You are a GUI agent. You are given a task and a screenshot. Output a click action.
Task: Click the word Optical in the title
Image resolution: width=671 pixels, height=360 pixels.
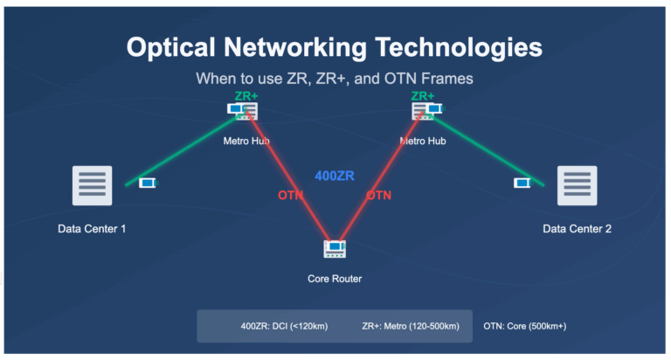pyautogui.click(x=170, y=47)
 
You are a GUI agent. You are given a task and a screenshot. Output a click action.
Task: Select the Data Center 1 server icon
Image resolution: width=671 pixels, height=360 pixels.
pyautogui.click(x=92, y=186)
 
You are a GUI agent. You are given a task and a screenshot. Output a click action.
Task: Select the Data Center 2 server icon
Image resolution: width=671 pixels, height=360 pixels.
pyautogui.click(x=578, y=186)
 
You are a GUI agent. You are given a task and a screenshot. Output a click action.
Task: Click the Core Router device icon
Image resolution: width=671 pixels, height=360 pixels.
pyautogui.click(x=335, y=249)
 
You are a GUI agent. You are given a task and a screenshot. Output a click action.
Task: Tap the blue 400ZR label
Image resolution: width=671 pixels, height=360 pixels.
pyautogui.click(x=335, y=176)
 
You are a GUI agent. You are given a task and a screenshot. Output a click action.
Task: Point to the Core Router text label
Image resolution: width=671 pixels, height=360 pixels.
pyautogui.click(x=335, y=279)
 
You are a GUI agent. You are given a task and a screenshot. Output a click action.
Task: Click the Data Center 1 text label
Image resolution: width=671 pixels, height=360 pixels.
pyautogui.click(x=92, y=229)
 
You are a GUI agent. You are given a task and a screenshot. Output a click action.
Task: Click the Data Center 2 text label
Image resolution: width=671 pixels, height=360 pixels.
pyautogui.click(x=578, y=229)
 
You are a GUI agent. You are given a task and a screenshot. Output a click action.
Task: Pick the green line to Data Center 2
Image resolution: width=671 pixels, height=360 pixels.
pyautogui.click(x=488, y=149)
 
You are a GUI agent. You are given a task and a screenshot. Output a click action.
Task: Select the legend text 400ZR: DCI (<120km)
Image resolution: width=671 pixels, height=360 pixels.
pyautogui.click(x=284, y=326)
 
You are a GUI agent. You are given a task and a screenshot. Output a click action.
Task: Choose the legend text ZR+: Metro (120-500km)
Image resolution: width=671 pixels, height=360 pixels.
pyautogui.click(x=411, y=326)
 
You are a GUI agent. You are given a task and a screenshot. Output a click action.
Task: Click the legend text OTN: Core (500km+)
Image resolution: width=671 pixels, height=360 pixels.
pyautogui.click(x=524, y=326)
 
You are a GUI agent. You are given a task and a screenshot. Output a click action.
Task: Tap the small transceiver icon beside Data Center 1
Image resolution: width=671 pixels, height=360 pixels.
pyautogui.click(x=149, y=183)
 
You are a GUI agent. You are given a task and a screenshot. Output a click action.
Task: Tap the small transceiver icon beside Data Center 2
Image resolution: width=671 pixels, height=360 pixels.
pyautogui.click(x=522, y=183)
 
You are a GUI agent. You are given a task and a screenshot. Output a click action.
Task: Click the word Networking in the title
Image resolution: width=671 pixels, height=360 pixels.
pyautogui.click(x=295, y=47)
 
